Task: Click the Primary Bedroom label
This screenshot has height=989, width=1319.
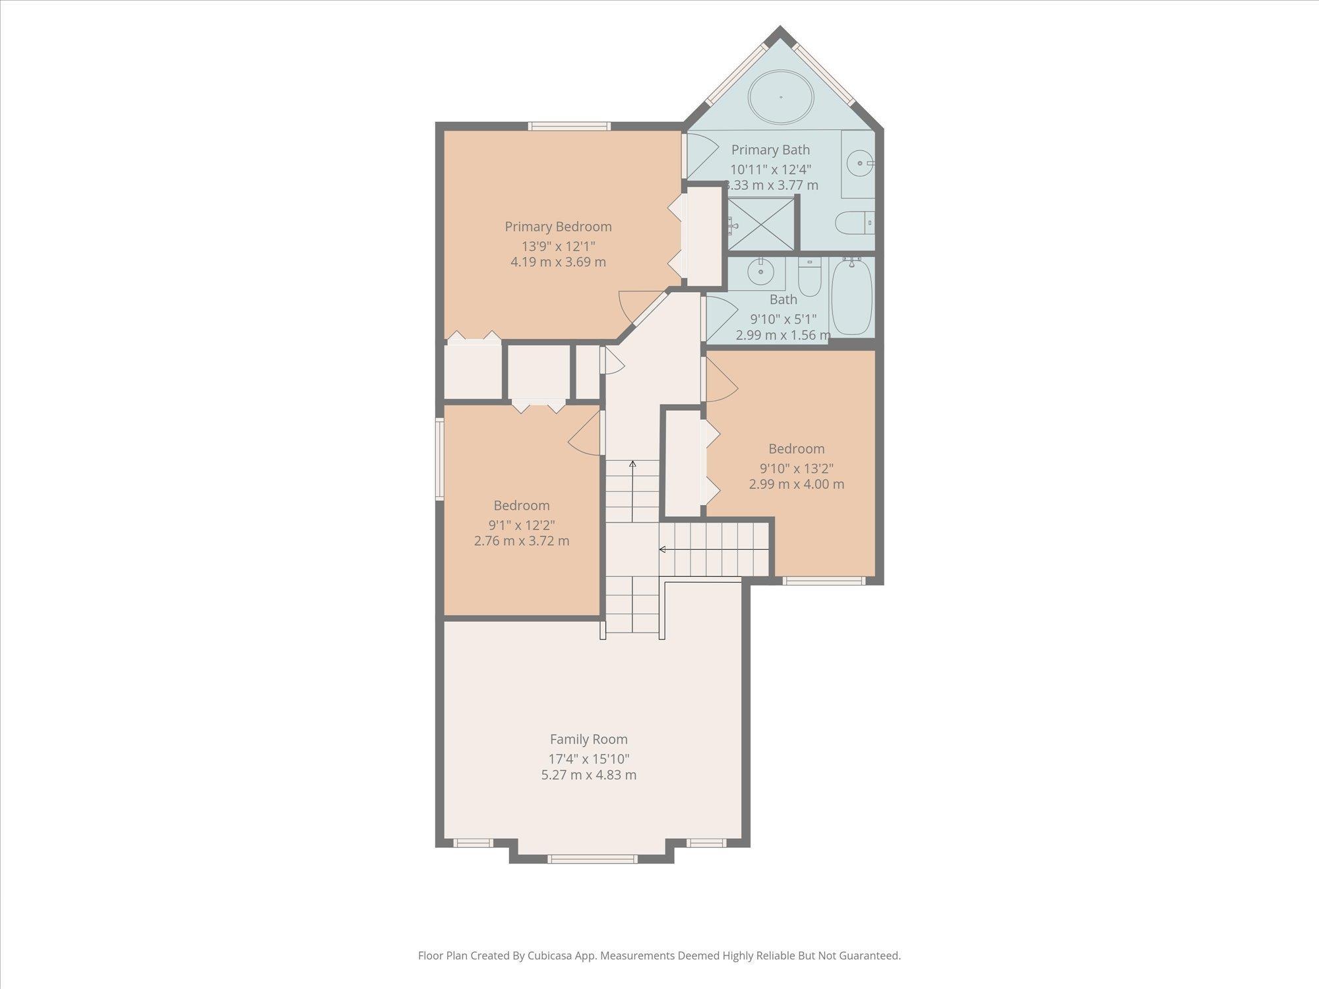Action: click(558, 227)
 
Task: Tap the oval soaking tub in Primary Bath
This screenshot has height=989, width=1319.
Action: click(781, 97)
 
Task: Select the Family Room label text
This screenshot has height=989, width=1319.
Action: click(588, 740)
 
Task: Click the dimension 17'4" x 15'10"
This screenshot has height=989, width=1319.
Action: click(588, 759)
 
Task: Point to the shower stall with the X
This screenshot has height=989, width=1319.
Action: click(762, 224)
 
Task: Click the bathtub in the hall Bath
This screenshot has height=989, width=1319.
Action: click(851, 298)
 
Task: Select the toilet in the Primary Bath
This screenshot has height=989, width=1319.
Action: click(853, 223)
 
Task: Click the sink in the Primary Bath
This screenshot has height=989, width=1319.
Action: click(859, 162)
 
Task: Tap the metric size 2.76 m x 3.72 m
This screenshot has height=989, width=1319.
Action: click(521, 541)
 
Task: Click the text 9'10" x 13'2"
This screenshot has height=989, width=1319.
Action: click(796, 469)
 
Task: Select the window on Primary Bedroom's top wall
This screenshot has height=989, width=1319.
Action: click(569, 127)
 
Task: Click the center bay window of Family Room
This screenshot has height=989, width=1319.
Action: click(592, 858)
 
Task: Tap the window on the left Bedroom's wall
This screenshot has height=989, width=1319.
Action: click(439, 459)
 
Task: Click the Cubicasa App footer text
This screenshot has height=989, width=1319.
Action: click(659, 955)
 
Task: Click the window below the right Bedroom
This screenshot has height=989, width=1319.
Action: click(823, 581)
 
